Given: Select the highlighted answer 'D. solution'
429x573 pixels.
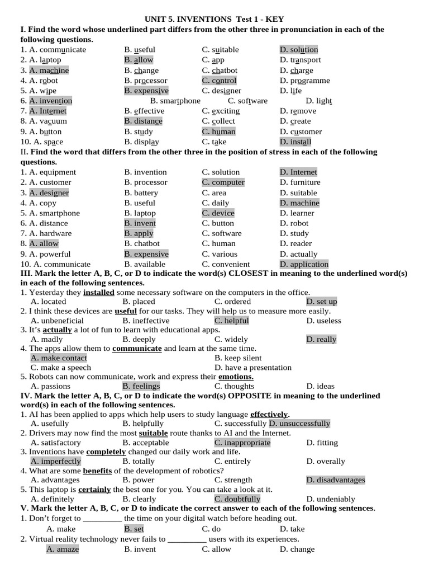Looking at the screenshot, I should (299, 50).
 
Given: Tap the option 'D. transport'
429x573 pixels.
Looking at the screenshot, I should (301, 60).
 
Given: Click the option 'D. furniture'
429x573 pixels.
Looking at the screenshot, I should (300, 182).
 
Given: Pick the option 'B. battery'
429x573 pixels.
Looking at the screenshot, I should (141, 192).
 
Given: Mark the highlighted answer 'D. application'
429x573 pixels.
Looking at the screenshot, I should (304, 264).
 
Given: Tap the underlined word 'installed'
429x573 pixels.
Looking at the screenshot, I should (99, 292).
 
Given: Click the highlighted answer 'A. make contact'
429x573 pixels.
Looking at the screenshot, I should (59, 358).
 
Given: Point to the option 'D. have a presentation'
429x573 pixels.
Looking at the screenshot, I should (253, 368).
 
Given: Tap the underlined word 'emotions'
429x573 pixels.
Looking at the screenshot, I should (235, 377).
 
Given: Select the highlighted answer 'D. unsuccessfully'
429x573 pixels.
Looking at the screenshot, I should (299, 424).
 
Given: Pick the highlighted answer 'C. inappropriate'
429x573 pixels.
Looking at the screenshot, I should (242, 443).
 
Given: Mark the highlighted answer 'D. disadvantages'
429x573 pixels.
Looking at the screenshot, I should (336, 480).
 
